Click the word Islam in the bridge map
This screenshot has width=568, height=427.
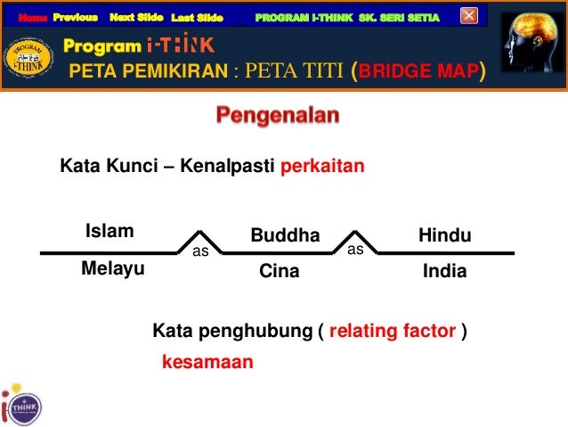coord(110,233)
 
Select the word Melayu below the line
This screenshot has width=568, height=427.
coord(112,268)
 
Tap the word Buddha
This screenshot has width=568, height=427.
coord(284,236)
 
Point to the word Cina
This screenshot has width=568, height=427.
coord(280,272)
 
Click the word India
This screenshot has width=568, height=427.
coord(443,271)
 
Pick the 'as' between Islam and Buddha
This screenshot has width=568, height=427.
coord(201,252)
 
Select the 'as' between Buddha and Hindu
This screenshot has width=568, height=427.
coord(355,250)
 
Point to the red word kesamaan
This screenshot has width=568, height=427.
coord(207,363)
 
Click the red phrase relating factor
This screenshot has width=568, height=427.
coord(393,333)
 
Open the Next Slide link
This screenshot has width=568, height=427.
coord(136,17)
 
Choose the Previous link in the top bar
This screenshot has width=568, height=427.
coord(75,17)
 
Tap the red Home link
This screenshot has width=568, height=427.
coord(33,17)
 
